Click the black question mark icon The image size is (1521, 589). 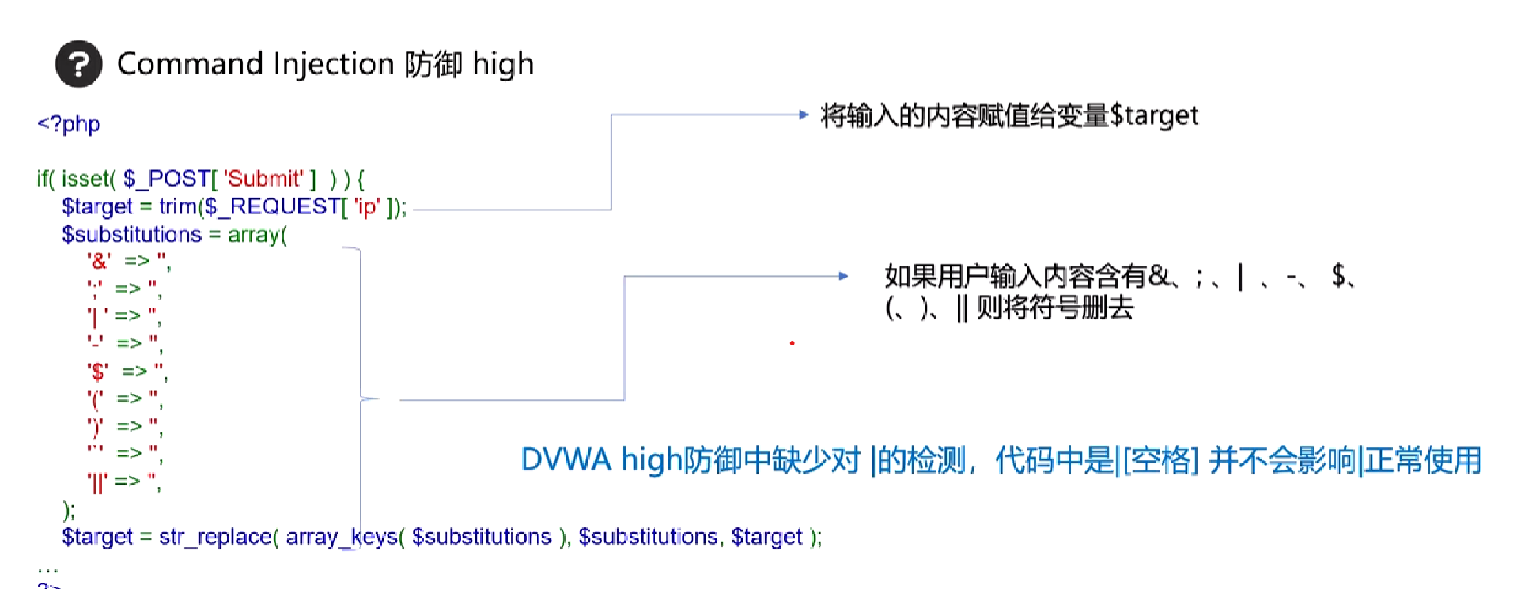(x=78, y=64)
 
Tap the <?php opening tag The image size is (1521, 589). (x=69, y=124)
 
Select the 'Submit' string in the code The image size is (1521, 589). (x=263, y=179)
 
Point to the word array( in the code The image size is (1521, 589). (x=257, y=235)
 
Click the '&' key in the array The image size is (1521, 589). (x=99, y=261)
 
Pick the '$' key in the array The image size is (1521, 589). (x=98, y=371)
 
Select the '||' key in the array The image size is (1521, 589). (x=97, y=481)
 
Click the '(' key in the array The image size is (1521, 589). (x=96, y=398)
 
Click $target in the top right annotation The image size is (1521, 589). (x=1154, y=115)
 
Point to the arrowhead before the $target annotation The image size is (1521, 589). (x=804, y=115)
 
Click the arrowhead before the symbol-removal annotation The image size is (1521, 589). (x=843, y=276)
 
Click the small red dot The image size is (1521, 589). (x=792, y=343)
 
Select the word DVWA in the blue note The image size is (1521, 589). (x=566, y=460)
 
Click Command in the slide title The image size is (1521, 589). (x=189, y=64)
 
